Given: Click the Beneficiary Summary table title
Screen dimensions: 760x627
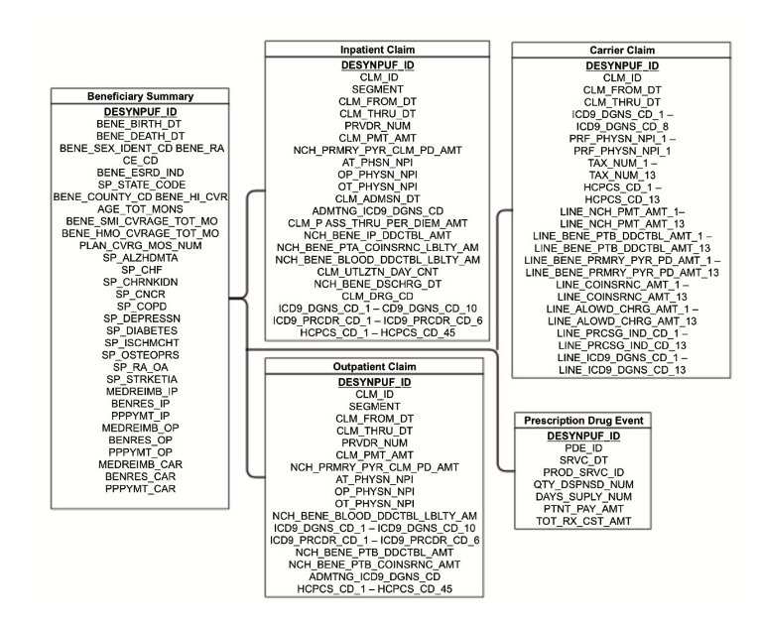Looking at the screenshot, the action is (x=140, y=96).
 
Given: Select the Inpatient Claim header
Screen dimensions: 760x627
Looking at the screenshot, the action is (x=377, y=50).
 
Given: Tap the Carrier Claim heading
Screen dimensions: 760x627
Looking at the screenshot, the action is (x=622, y=51).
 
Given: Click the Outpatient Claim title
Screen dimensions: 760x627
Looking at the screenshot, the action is (x=374, y=367).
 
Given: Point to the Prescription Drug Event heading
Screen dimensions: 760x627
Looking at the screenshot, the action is (x=583, y=421).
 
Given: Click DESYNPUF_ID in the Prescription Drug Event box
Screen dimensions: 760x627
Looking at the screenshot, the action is (x=583, y=437).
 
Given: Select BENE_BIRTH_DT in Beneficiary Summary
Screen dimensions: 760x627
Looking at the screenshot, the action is (x=139, y=124).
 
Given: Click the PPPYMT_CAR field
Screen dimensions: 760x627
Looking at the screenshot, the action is (x=140, y=488).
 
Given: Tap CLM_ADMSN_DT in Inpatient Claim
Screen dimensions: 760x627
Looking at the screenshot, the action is (x=378, y=198).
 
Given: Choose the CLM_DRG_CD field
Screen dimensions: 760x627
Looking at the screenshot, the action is (x=378, y=296).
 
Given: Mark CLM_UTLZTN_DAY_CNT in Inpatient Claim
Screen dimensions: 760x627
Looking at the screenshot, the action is (x=378, y=272).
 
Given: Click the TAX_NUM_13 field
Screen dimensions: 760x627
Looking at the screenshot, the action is (x=622, y=175).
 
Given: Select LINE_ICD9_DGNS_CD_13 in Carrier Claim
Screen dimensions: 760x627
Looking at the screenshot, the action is (x=622, y=370).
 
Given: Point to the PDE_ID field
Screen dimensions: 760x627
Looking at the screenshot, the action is (x=583, y=448).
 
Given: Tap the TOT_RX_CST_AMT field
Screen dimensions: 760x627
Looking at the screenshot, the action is (x=583, y=521).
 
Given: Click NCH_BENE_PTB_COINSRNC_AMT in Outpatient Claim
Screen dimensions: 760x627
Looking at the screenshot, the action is (x=374, y=564).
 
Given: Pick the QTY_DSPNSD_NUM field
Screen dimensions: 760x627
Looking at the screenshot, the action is (x=583, y=484).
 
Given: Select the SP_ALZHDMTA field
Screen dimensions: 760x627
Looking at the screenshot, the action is (x=140, y=258).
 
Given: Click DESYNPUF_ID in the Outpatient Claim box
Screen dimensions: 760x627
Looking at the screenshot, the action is (x=374, y=382).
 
